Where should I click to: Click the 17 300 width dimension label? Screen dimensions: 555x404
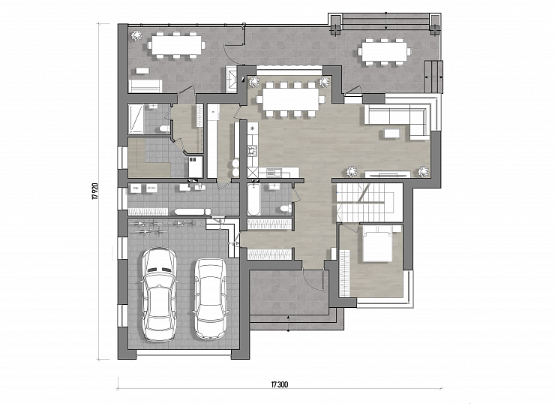[x=280, y=384]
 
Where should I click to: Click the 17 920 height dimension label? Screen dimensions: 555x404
[x=94, y=191]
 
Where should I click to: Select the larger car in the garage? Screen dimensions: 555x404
[x=160, y=294]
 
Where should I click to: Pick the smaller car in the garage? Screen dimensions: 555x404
[x=211, y=298]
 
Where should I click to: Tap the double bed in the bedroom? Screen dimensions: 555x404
[x=377, y=243]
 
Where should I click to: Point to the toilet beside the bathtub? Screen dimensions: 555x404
[x=285, y=209]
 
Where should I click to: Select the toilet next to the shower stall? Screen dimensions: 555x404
[x=164, y=128]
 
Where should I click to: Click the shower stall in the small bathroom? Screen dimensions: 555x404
[x=136, y=119]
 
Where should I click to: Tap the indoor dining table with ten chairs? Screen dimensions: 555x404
[x=290, y=100]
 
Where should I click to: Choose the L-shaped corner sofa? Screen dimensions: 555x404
[x=397, y=119]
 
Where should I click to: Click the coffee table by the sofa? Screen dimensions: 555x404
[x=391, y=133]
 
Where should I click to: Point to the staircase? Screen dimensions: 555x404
[x=364, y=203]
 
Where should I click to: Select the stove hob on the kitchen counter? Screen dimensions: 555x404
[x=253, y=151]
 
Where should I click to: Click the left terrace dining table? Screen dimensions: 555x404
[x=176, y=45]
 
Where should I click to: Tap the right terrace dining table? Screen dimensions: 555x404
[x=385, y=52]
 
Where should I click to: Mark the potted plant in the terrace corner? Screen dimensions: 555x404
[x=136, y=35]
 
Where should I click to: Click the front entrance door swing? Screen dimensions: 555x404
[x=314, y=279]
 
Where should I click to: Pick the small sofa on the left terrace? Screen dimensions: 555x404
[x=145, y=86]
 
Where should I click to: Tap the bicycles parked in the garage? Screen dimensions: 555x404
[x=164, y=228]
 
